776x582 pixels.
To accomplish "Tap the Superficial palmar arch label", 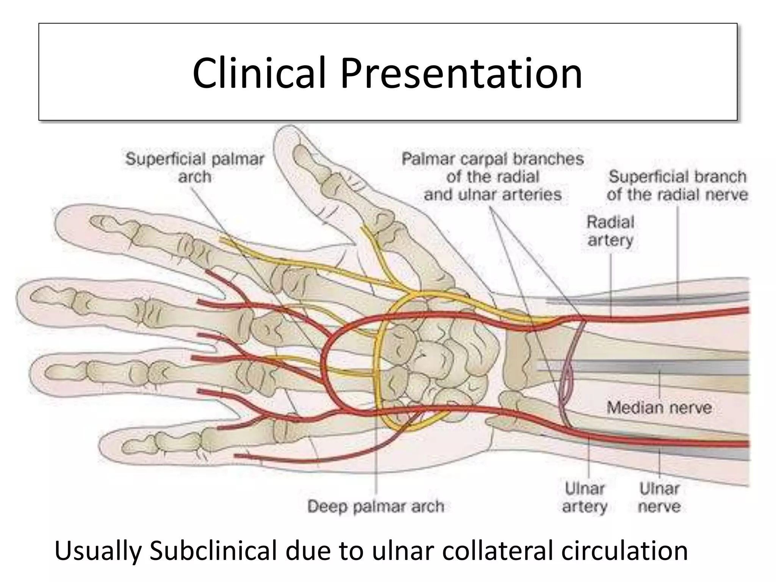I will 195,167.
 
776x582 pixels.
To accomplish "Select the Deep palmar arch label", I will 375,507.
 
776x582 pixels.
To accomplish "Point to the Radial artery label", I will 610,231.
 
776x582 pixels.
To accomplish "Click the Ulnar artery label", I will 585,497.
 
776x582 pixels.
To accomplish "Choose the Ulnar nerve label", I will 659,497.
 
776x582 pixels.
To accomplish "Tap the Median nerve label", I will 659,408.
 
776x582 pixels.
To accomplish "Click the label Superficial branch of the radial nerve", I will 677,186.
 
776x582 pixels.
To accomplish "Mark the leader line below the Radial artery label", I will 611,284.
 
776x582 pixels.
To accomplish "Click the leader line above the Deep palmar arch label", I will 376,455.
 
